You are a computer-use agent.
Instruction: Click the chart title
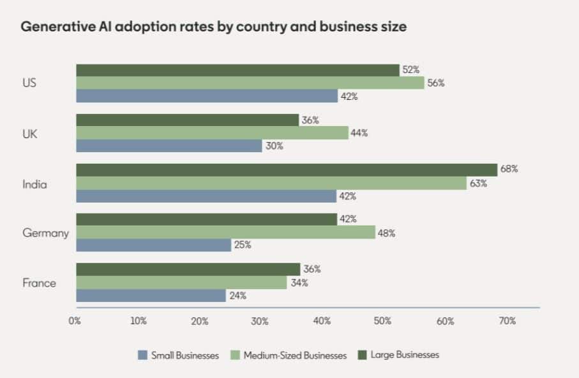click(x=214, y=28)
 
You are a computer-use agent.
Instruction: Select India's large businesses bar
click(x=287, y=169)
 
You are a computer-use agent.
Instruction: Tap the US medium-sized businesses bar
click(x=250, y=83)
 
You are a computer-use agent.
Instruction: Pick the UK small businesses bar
click(x=169, y=146)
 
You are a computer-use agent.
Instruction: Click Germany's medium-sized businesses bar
click(x=226, y=232)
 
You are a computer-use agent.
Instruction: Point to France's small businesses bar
click(x=151, y=295)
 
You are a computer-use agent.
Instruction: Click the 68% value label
click(x=509, y=169)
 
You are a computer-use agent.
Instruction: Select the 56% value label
click(x=436, y=83)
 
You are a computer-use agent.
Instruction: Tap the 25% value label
click(x=243, y=245)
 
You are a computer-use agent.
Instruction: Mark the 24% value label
click(x=237, y=295)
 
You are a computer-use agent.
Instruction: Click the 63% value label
click(x=478, y=184)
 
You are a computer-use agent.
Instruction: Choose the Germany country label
click(x=45, y=233)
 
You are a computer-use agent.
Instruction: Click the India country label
click(x=35, y=184)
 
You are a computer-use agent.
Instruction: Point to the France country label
click(x=40, y=283)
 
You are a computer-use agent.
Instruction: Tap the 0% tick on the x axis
click(x=75, y=321)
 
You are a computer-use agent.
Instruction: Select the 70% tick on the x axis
click(x=507, y=321)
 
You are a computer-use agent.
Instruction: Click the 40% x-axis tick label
click(x=322, y=321)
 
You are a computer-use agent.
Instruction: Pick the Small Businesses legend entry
click(x=178, y=355)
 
